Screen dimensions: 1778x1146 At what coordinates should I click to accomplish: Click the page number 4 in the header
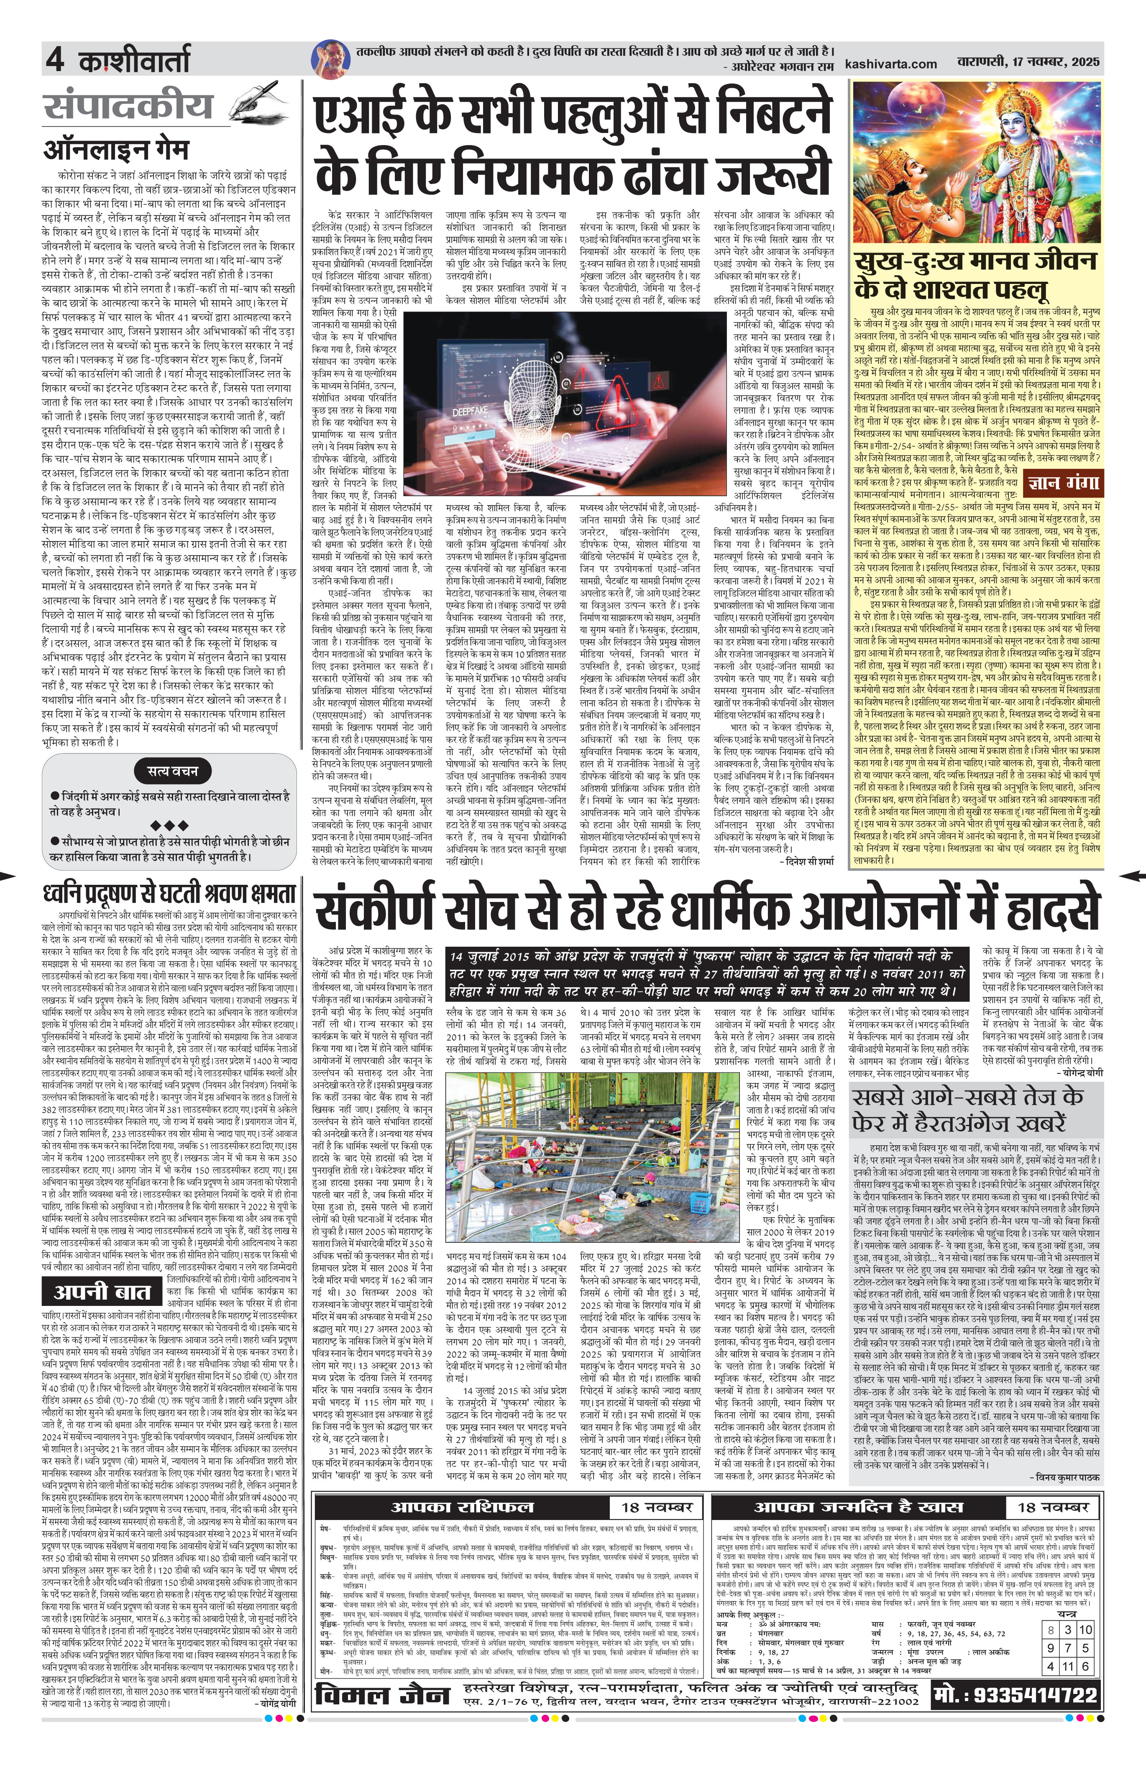click(54, 59)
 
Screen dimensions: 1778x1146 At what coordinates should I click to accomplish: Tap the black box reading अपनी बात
click(103, 1291)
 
